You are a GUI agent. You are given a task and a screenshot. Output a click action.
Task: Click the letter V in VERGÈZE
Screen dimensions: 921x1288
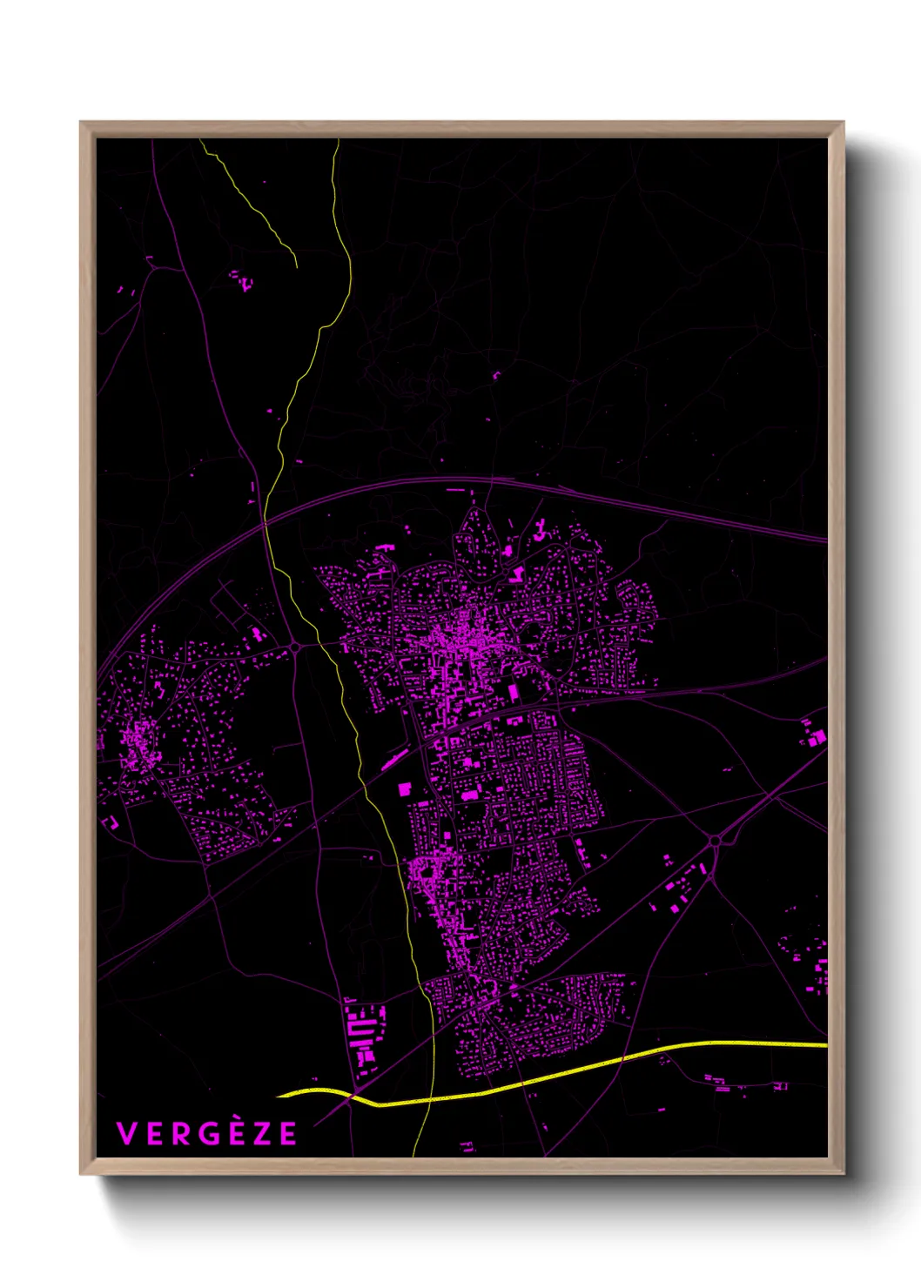click(127, 1134)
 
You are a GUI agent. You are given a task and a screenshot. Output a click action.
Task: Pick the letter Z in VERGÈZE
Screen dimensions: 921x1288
click(260, 1134)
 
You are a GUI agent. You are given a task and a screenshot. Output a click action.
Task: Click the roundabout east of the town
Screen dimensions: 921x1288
click(716, 840)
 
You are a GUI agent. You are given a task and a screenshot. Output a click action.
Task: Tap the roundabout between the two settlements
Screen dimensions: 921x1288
click(297, 647)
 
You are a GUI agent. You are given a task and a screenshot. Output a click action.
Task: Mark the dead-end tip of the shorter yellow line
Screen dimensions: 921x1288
click(297, 265)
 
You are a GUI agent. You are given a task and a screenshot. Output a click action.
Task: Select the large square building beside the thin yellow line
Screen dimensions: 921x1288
click(404, 789)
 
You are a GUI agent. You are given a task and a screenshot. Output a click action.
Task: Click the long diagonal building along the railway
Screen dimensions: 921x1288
click(394, 761)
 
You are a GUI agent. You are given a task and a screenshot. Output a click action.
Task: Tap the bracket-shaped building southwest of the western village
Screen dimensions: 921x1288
click(111, 822)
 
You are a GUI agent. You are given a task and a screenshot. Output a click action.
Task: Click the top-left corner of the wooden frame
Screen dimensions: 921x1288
click(81, 123)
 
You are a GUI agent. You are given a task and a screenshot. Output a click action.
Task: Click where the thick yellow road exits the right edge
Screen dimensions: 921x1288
click(824, 1044)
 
